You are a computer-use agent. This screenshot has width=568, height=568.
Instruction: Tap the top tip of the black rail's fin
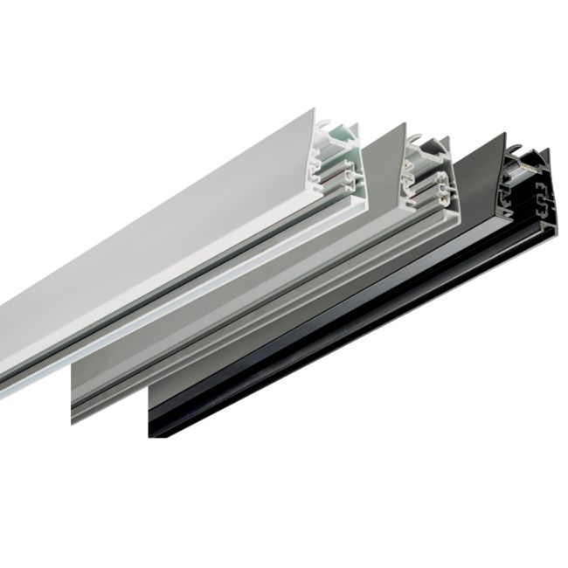tap(508, 136)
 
